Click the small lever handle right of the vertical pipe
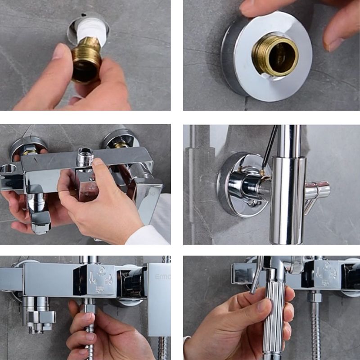[x=317, y=191]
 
